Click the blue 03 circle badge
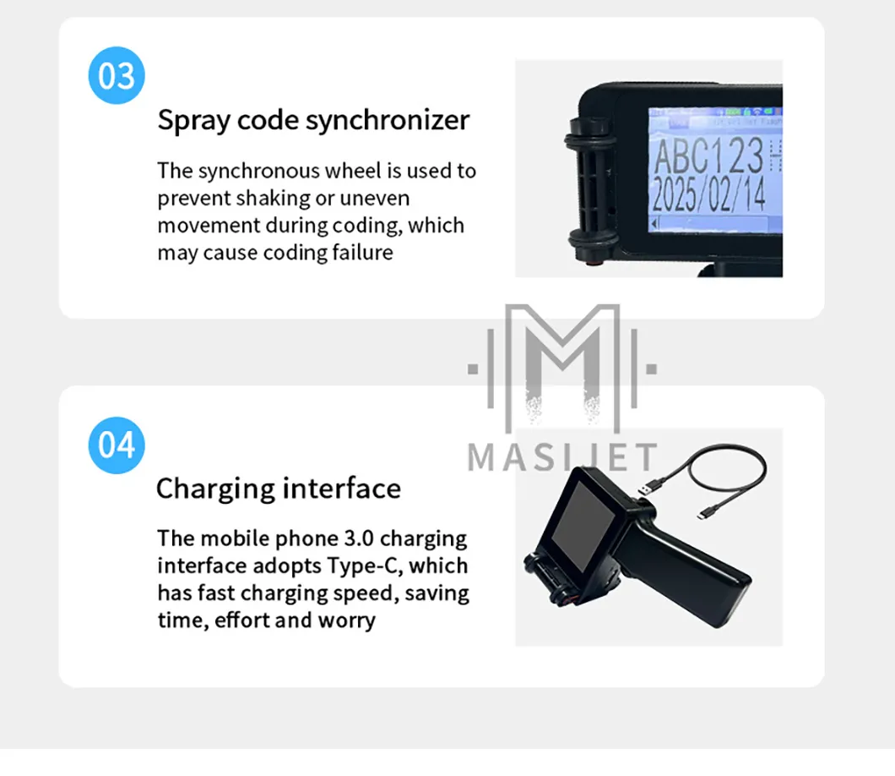[x=117, y=76]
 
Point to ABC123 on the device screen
[x=708, y=156]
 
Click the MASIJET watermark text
[x=562, y=457]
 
